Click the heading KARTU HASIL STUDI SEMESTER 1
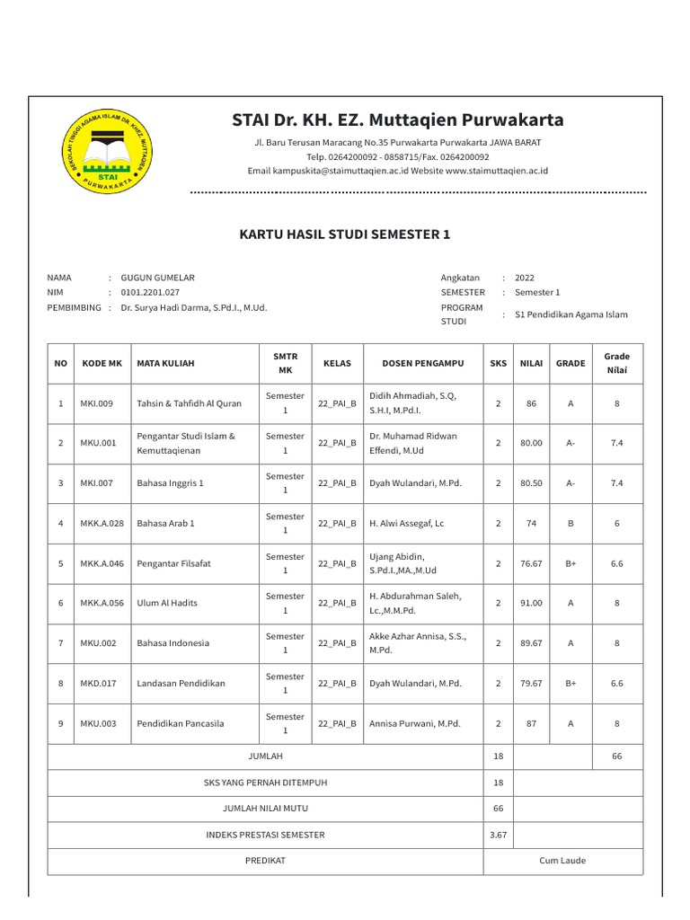(x=344, y=234)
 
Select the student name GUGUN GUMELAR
(x=157, y=278)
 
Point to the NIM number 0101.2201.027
(x=150, y=292)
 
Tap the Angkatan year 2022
(x=524, y=278)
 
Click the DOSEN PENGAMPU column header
(x=422, y=363)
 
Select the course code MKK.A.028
(x=102, y=523)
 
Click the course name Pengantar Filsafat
(x=173, y=563)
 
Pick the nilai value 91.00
(x=531, y=603)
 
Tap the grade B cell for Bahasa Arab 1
(x=571, y=523)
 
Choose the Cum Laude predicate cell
(x=562, y=860)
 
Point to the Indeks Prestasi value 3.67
(x=498, y=835)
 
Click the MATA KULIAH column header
(x=165, y=363)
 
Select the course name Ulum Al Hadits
(x=167, y=603)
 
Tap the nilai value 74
(x=531, y=523)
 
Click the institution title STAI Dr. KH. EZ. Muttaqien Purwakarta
(x=398, y=119)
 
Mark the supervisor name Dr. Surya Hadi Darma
(x=193, y=307)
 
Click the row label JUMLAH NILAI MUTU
(x=265, y=809)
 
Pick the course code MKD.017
(x=97, y=683)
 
